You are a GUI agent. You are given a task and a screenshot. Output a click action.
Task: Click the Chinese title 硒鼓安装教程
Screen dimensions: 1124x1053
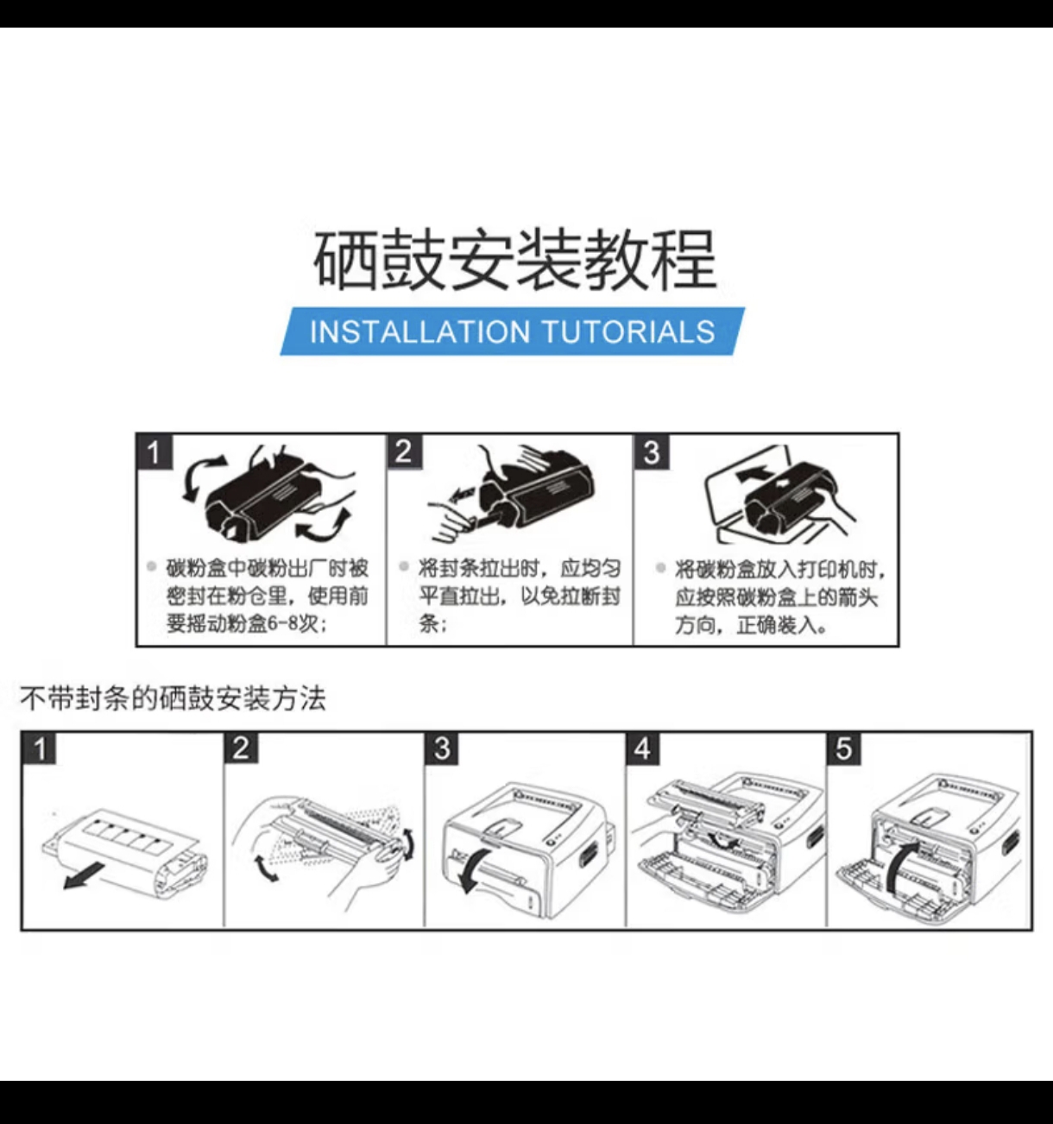click(514, 260)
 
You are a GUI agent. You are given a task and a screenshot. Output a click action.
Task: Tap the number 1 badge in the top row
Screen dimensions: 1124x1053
click(154, 451)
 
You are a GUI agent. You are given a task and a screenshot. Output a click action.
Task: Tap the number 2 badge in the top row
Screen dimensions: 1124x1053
click(404, 451)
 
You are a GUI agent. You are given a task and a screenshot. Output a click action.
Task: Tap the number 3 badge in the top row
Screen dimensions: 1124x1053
click(653, 451)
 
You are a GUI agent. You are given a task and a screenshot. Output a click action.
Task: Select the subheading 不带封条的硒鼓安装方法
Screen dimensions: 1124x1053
click(173, 698)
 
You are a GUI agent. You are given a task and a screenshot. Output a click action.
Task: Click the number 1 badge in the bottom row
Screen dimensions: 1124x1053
click(39, 748)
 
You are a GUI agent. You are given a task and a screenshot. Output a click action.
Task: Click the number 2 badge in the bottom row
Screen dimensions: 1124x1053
click(241, 748)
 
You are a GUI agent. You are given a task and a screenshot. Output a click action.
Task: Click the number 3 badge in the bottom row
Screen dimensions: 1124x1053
click(442, 748)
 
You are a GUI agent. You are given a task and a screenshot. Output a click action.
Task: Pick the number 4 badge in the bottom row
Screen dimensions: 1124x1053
click(642, 748)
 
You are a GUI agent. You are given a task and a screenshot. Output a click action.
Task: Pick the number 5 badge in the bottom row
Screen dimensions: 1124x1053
click(843, 748)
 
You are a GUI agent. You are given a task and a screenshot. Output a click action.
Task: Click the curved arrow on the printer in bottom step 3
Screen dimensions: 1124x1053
click(473, 868)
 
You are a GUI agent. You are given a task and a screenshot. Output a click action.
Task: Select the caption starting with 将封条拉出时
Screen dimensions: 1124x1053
click(519, 596)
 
